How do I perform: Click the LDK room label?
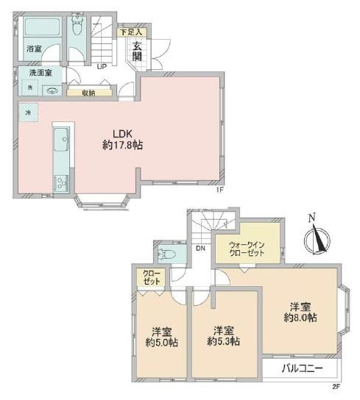point(122,133)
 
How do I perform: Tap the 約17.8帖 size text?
point(122,146)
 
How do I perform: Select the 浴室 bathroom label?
point(34,49)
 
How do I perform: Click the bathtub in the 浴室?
point(43,27)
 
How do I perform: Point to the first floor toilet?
point(76,25)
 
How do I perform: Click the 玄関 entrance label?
point(137,51)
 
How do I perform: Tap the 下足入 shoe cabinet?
point(132,32)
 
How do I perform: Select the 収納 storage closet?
point(89,93)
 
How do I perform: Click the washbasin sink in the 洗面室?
point(52,90)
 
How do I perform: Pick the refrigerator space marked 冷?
point(29,113)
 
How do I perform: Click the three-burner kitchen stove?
point(61,183)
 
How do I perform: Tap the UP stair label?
point(102,67)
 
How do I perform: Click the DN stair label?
point(200,248)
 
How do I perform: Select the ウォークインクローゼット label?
point(247,249)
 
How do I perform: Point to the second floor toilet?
point(166,254)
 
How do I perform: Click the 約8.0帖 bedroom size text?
point(300,318)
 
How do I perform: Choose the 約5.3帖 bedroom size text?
point(223,341)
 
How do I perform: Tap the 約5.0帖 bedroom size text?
point(162,343)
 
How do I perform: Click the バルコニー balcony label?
point(303,368)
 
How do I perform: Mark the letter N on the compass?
point(311,218)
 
